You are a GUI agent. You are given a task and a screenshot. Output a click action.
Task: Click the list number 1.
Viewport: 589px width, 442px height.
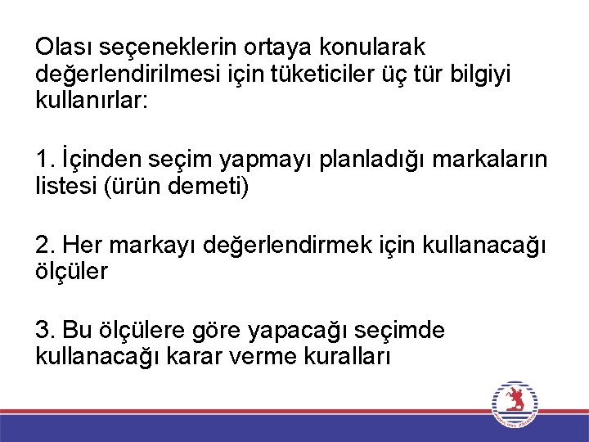(43, 160)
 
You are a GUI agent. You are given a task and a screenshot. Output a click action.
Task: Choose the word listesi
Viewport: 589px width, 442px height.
(66, 186)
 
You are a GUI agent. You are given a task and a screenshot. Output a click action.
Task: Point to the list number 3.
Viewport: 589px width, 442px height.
(43, 330)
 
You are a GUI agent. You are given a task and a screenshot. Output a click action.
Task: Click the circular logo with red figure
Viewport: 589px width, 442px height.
(515, 404)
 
